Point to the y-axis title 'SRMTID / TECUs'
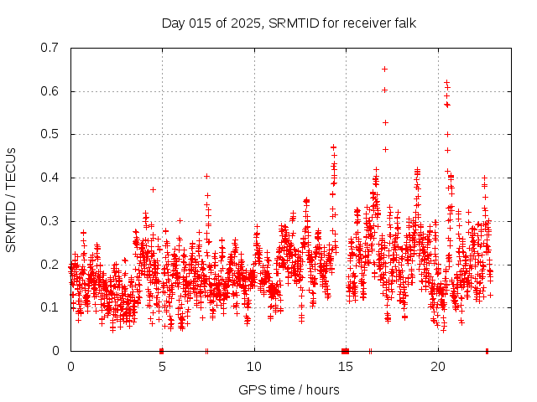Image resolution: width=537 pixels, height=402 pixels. (x=11, y=199)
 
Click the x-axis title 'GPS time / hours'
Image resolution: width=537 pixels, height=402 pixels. (x=289, y=389)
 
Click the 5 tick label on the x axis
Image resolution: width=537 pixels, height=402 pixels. (x=163, y=366)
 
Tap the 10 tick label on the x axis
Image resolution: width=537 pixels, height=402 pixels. (x=254, y=366)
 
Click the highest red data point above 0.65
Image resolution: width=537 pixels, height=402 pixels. (x=384, y=69)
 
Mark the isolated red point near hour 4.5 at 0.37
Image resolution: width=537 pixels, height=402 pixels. (x=153, y=189)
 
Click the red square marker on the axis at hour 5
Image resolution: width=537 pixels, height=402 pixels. (x=162, y=350)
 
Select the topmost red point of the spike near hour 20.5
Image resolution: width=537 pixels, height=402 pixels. (x=446, y=82)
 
